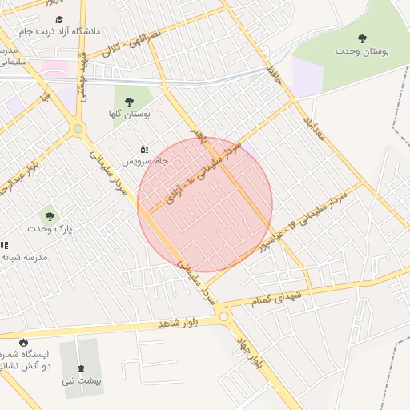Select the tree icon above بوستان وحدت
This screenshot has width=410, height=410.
[363, 38]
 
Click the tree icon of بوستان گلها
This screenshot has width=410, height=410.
[129, 102]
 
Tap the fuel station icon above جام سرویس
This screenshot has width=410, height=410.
[144, 148]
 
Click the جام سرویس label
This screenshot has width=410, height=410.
[144, 161]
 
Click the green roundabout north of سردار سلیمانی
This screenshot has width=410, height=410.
[78, 128]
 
